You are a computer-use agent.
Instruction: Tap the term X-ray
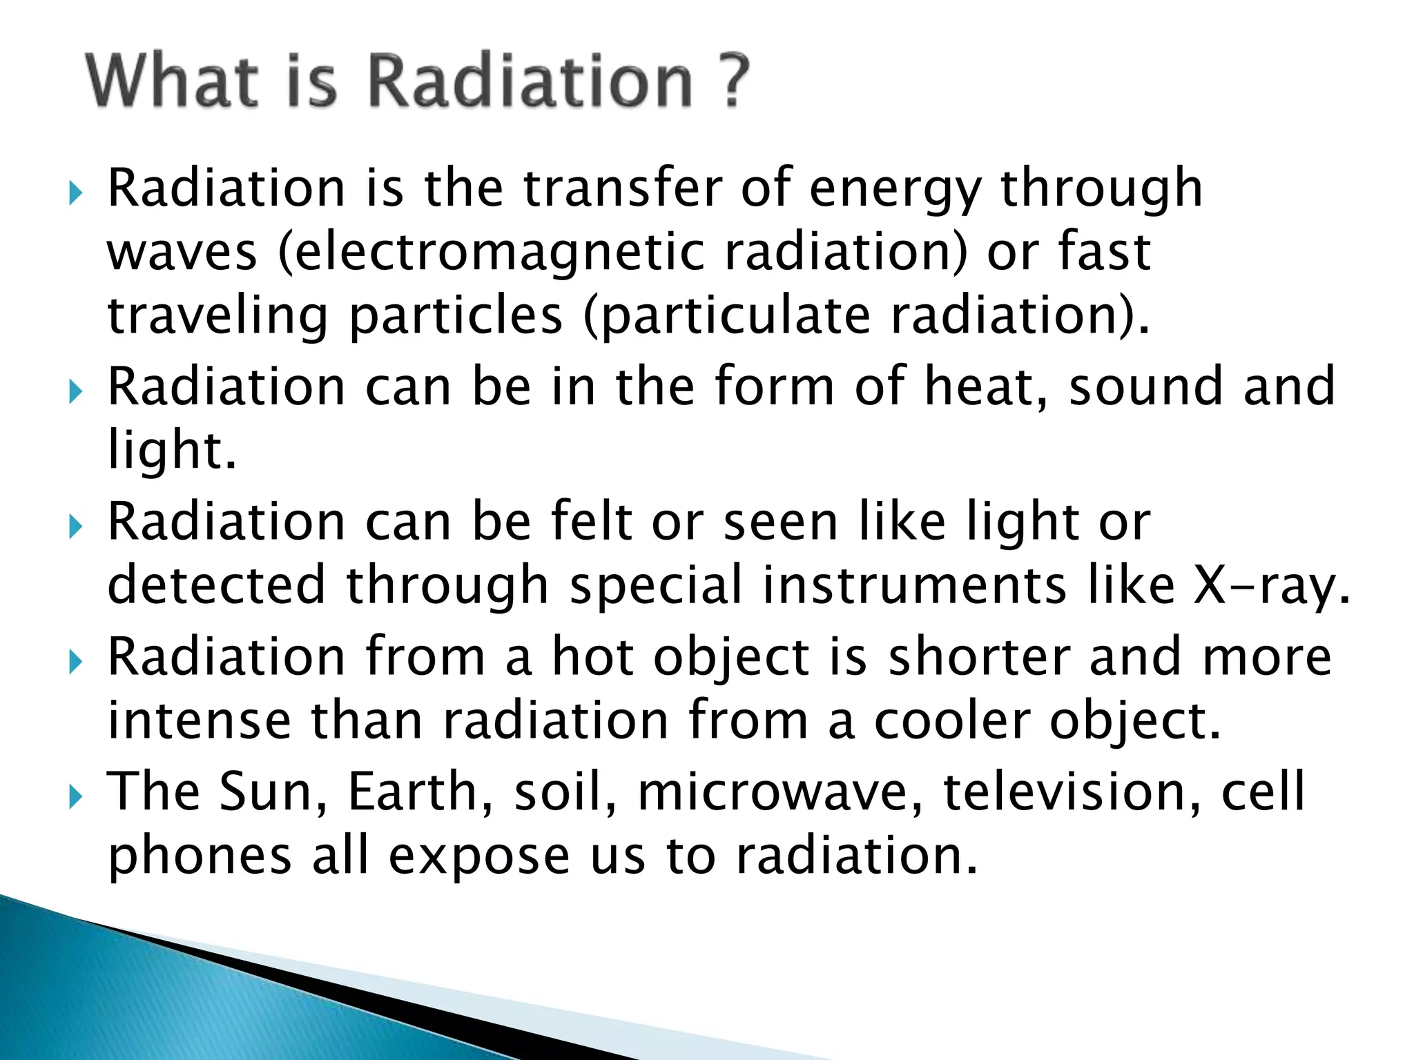[1271, 586]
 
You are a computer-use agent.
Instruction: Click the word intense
[199, 720]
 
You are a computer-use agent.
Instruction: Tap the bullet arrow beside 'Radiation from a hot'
[75, 663]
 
